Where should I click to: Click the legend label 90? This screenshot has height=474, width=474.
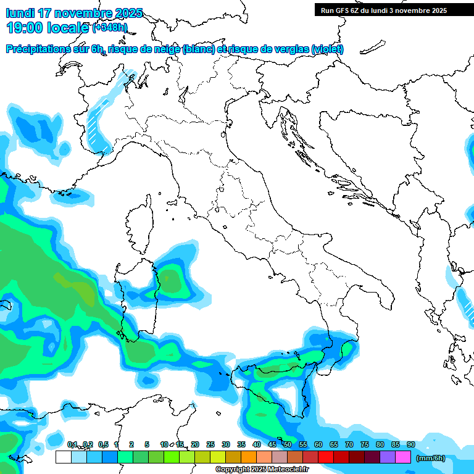(410, 444)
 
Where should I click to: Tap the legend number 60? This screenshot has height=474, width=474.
(318, 444)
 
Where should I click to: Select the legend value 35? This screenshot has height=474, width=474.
(241, 444)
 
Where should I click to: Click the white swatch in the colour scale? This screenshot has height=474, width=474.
(63, 457)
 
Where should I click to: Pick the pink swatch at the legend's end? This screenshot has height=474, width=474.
(403, 457)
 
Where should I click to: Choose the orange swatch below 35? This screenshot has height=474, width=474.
(248, 457)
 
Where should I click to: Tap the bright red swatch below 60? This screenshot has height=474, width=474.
(325, 457)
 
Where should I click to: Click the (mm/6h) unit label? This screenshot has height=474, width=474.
(431, 458)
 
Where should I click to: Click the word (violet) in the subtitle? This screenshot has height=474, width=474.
(328, 49)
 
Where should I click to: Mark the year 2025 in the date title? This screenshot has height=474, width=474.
(128, 13)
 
